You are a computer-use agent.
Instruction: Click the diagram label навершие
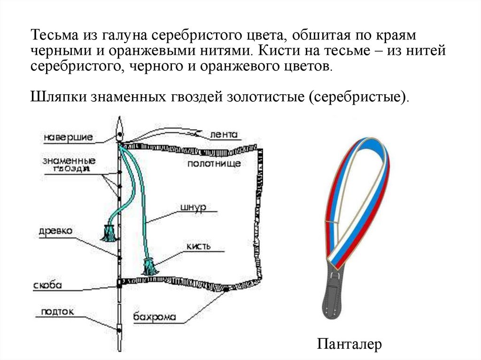(x=68, y=137)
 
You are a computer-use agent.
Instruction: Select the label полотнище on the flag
(x=214, y=163)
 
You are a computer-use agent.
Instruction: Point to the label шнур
(x=193, y=207)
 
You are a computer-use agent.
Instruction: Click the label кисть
(x=198, y=246)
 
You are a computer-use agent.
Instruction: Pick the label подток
(x=57, y=311)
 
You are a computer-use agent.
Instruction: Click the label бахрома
(x=154, y=317)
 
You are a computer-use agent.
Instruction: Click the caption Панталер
(x=349, y=344)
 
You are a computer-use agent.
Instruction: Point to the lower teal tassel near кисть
(x=150, y=267)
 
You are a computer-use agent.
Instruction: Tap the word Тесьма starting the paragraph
(x=53, y=36)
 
